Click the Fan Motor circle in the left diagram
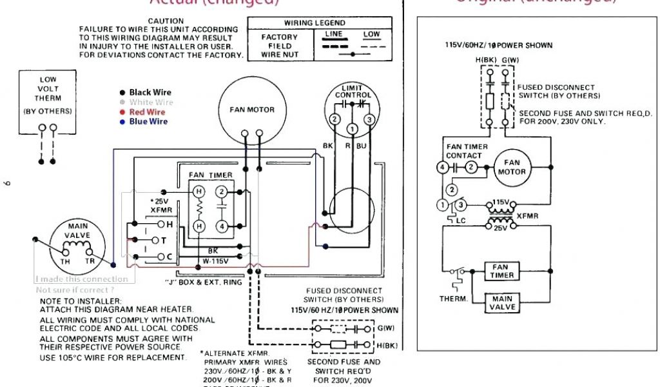(x=252, y=110)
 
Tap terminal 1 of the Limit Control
(x=352, y=130)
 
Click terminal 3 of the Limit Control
(x=369, y=119)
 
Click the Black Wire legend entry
(x=150, y=93)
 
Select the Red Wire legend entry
(x=148, y=112)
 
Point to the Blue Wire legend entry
(x=148, y=122)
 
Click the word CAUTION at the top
(x=166, y=21)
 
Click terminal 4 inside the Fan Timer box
(x=221, y=226)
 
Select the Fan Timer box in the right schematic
(x=502, y=271)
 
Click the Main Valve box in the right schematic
(x=502, y=303)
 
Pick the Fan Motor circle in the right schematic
(x=512, y=168)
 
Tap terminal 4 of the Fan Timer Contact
(x=442, y=168)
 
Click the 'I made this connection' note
(x=82, y=279)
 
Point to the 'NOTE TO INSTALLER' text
(x=80, y=301)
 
